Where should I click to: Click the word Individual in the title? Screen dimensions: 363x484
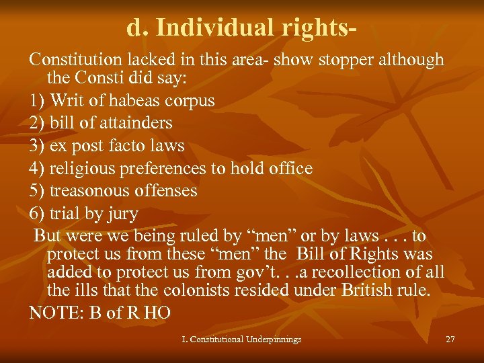pyautogui.click(x=204, y=28)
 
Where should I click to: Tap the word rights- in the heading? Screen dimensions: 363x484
pyautogui.click(x=311, y=28)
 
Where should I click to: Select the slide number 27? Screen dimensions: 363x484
pyautogui.click(x=450, y=339)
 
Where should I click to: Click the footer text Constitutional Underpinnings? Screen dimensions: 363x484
pyautogui.click(x=246, y=339)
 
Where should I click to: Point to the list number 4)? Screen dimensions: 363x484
pyautogui.click(x=38, y=168)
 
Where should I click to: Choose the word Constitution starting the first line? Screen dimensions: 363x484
pyautogui.click(x=78, y=59)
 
